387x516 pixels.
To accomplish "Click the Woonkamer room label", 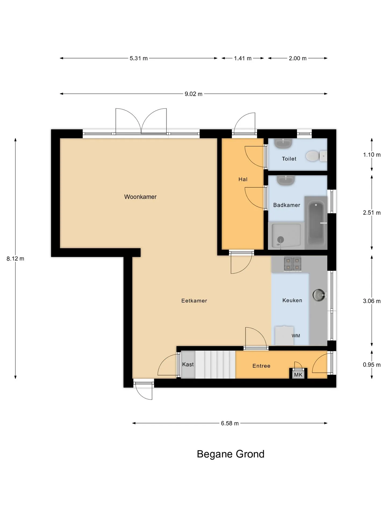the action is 140,197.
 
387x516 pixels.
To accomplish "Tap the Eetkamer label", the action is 194,301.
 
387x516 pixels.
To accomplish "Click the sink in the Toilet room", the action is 283,144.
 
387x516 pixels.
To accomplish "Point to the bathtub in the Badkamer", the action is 316,223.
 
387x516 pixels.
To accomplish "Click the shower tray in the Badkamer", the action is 286,236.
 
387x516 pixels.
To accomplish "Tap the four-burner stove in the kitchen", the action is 293,264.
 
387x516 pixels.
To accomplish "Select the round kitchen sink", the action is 319,295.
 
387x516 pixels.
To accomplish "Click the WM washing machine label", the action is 296,336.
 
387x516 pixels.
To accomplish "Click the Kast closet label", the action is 188,364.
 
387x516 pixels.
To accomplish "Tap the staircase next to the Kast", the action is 215,364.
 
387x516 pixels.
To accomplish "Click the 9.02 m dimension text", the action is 193,94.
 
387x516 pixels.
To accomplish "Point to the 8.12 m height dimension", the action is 15,259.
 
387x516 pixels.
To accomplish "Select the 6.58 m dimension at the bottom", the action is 230,423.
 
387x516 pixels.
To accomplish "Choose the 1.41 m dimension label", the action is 243,58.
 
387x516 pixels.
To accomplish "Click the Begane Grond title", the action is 231,454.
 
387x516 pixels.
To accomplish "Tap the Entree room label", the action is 261,366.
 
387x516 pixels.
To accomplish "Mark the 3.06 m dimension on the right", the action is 372,301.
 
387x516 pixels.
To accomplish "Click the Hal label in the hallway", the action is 243,179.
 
